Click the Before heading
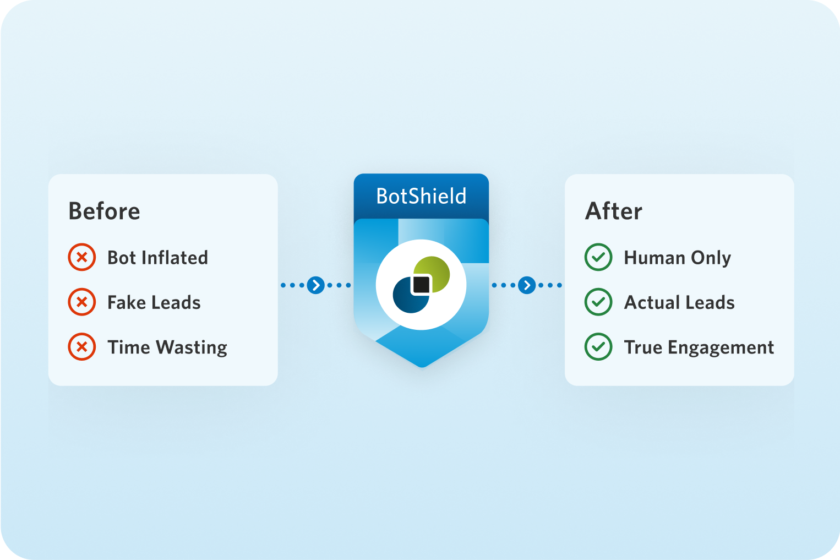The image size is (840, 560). click(x=104, y=211)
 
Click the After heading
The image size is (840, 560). click(x=614, y=211)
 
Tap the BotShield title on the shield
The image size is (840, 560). click(x=421, y=196)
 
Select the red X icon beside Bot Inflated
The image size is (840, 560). click(x=82, y=257)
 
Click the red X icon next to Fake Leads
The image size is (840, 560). click(x=82, y=302)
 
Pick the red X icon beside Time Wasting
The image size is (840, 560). click(x=82, y=346)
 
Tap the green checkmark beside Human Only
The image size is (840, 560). click(x=598, y=257)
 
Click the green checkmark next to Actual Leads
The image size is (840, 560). click(x=598, y=302)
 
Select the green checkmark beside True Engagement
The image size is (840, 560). click(x=598, y=346)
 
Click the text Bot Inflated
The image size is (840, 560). click(x=157, y=258)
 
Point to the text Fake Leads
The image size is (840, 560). click(x=154, y=302)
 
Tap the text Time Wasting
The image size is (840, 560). click(x=167, y=347)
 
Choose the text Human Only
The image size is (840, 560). click(x=677, y=258)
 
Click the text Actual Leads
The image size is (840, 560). click(x=679, y=302)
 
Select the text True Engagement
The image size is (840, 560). click(x=699, y=347)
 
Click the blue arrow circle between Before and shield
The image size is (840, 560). click(x=316, y=285)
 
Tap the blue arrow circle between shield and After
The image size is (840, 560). click(x=527, y=285)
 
